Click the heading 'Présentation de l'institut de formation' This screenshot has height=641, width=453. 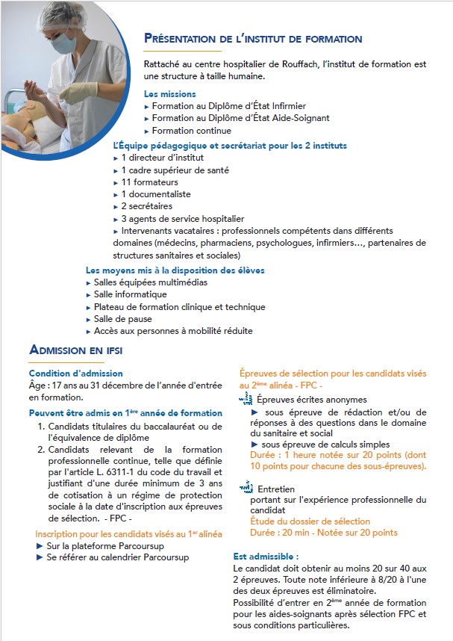tap(253, 39)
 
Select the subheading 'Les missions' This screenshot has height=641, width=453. tap(170, 94)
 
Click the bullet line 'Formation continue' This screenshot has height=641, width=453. tap(192, 131)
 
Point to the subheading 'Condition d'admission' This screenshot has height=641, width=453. tap(76, 374)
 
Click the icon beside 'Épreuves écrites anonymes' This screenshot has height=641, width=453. tap(245, 400)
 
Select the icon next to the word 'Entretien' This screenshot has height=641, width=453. tap(246, 488)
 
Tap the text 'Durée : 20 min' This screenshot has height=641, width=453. tap(271, 533)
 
